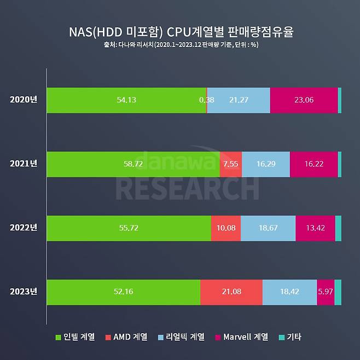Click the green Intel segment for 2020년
[126, 100]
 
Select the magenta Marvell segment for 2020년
[304, 100]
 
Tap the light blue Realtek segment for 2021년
[265, 164]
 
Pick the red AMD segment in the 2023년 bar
[231, 292]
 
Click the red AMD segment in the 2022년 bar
[225, 228]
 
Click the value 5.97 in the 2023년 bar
[325, 292]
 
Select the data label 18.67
[268, 228]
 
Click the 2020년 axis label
[24, 100]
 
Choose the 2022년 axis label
[24, 228]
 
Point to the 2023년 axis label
[24, 292]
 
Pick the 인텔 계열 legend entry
[75, 337]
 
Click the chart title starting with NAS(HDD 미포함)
[180, 32]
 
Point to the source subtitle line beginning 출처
[180, 45]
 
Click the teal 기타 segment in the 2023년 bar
[338, 292]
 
